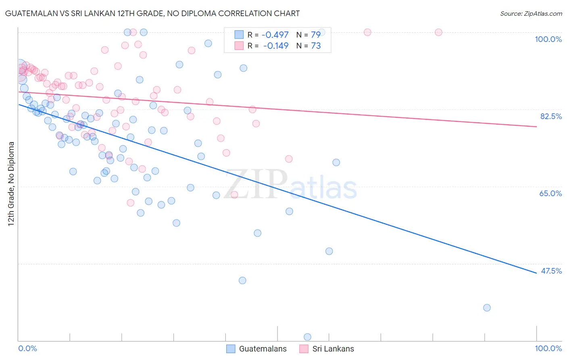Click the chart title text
152,13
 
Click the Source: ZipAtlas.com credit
531,13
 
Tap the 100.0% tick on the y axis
548,39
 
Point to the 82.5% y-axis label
550,116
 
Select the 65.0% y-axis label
550,193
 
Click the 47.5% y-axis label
551,271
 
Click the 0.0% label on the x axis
27,348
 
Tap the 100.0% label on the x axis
548,348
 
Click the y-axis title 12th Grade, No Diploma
11,184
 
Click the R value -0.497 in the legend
275,35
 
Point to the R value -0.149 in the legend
275,46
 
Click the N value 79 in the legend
316,35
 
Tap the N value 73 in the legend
316,46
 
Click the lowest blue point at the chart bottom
307,337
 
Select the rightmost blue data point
487,308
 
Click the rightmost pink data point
438,32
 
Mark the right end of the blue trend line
536,273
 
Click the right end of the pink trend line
536,127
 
